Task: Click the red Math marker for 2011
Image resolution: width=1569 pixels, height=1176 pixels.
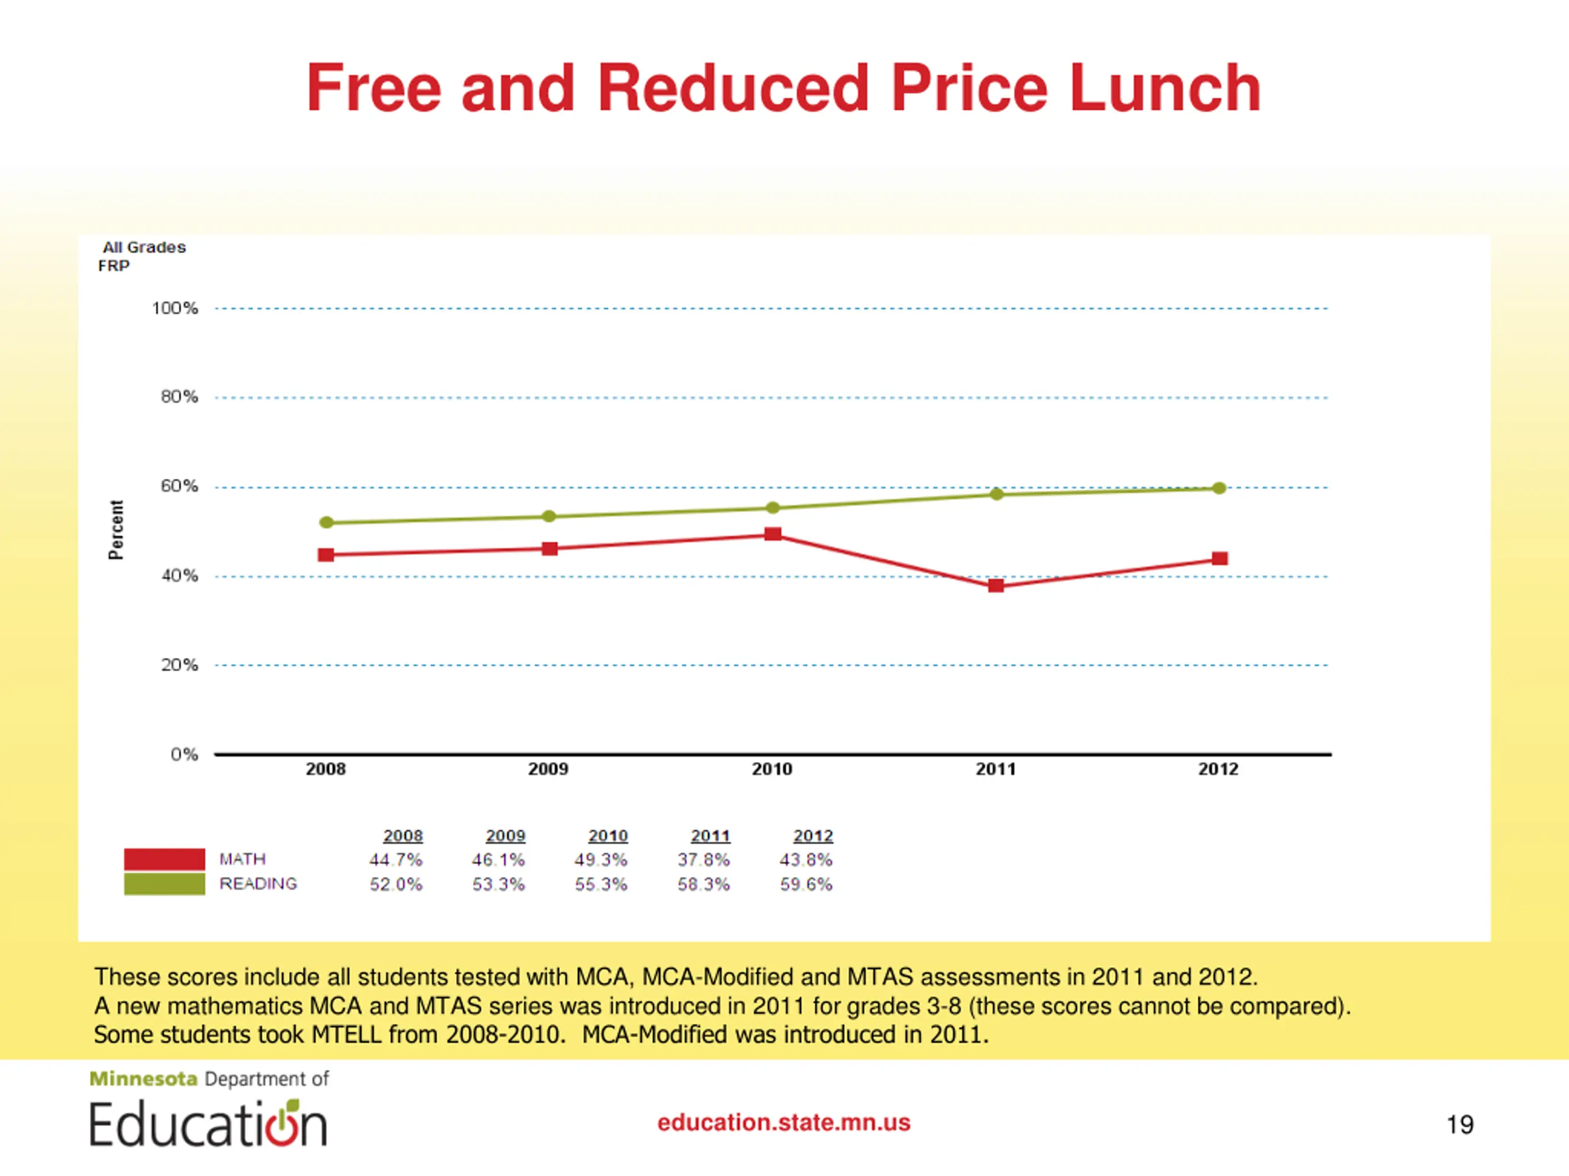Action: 996,586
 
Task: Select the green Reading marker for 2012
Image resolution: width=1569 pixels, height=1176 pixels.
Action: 1219,488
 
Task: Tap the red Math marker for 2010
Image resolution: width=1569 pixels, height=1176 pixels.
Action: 773,533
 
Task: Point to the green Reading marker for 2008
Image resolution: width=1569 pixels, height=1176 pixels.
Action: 326,522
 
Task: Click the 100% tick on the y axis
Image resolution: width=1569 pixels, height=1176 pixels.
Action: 175,308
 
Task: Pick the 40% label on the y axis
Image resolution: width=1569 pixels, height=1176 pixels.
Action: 180,576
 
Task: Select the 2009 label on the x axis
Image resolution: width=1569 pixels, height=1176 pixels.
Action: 549,769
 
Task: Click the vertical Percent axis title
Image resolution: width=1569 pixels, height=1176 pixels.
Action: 116,530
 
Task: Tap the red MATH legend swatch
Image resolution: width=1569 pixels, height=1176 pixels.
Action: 164,859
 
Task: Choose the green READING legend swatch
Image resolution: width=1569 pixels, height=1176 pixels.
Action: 164,884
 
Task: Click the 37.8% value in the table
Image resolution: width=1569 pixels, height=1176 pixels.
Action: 703,860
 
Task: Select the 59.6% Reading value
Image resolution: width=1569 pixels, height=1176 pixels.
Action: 806,884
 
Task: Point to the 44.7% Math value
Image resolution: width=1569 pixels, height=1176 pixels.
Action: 395,860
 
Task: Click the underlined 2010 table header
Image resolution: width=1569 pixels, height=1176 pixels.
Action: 608,835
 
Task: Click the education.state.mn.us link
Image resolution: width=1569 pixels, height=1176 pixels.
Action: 784,1123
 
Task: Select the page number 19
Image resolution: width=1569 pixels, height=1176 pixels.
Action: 1460,1125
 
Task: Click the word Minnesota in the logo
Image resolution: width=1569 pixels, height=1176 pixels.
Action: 143,1079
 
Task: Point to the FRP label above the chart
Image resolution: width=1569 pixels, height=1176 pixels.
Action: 114,266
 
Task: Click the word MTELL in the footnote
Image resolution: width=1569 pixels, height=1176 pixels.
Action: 346,1035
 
